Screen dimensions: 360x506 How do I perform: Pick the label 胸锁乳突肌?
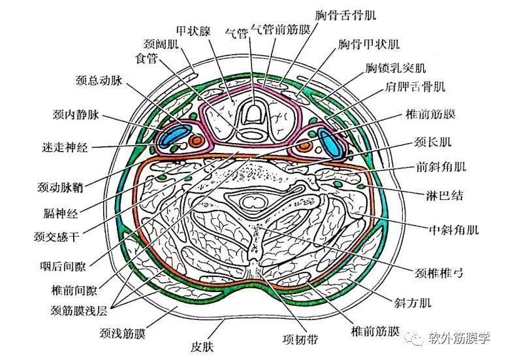tap(399, 67)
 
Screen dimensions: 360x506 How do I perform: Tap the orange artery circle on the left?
tap(195, 140)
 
